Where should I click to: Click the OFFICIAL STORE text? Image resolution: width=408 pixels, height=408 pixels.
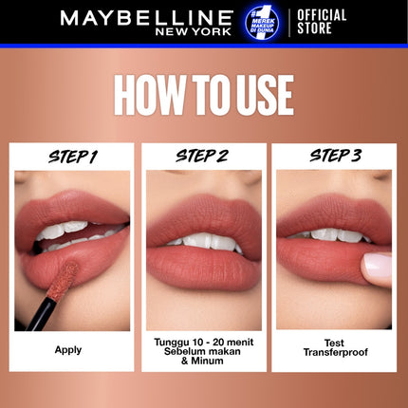324,22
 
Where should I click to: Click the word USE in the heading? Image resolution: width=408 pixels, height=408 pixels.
259,96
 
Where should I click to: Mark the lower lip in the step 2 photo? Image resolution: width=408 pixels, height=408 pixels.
204,270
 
